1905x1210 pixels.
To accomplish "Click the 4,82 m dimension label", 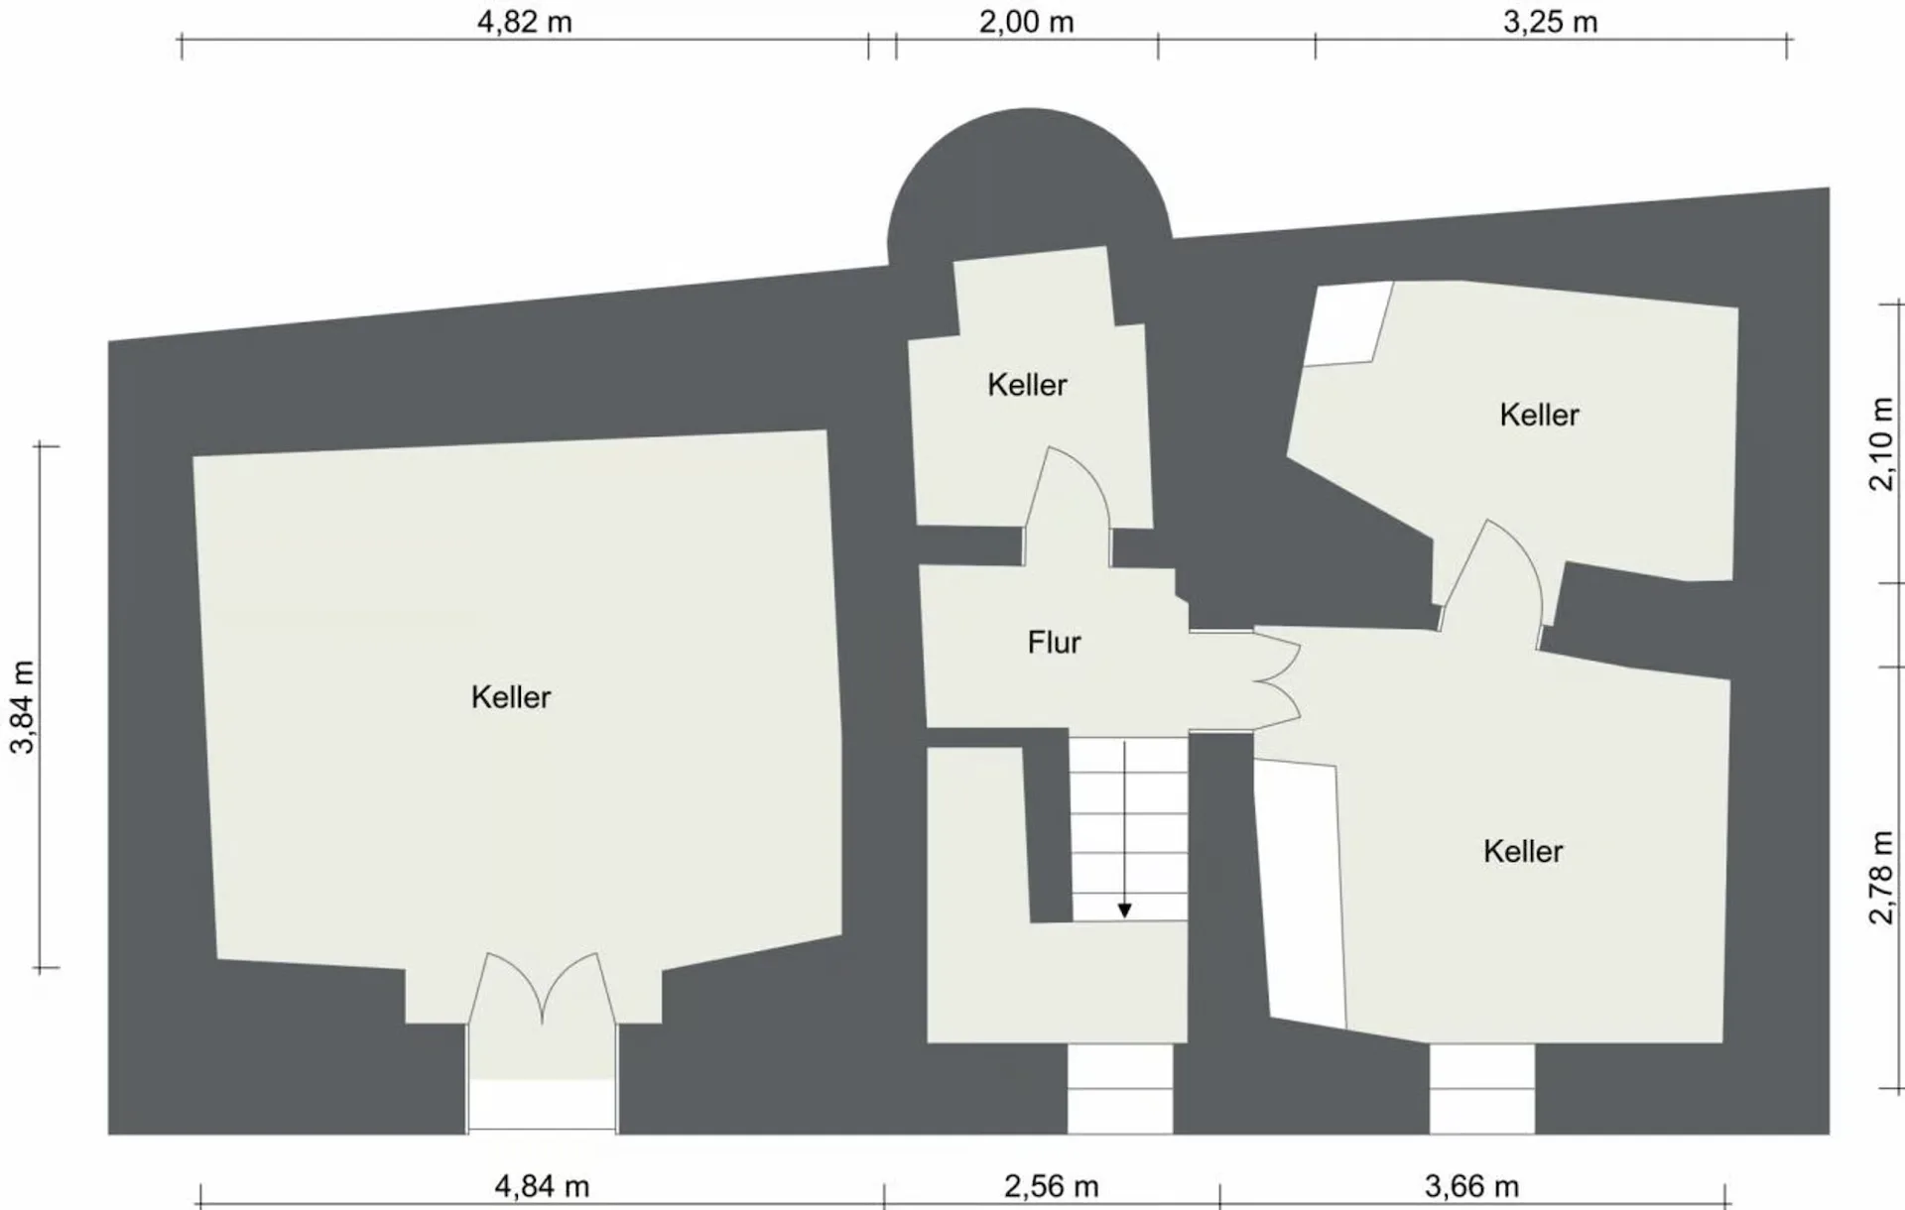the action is pyautogui.click(x=525, y=22).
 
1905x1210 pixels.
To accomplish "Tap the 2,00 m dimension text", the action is pyautogui.click(x=1027, y=22).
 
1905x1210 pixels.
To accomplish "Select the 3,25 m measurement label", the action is pyautogui.click(x=1551, y=22).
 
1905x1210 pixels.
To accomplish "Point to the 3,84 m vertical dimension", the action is pyautogui.click(x=22, y=707).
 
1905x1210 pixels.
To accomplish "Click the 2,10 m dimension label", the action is pyautogui.click(x=1881, y=443).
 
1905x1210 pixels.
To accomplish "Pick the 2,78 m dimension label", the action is pyautogui.click(x=1881, y=878).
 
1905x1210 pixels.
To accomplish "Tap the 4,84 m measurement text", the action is pyautogui.click(x=542, y=1185).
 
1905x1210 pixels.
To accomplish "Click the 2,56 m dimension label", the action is pyautogui.click(x=1052, y=1185).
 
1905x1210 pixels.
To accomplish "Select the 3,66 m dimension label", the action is pyautogui.click(x=1472, y=1185).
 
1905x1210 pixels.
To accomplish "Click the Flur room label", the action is pyautogui.click(x=1054, y=643).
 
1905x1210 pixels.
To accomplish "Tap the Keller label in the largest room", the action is pyautogui.click(x=511, y=697).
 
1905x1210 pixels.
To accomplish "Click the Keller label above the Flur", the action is pyautogui.click(x=1027, y=385).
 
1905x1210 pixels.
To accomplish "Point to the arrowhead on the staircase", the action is pyautogui.click(x=1124, y=910).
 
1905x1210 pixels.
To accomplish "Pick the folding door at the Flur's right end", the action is pyautogui.click(x=1278, y=681).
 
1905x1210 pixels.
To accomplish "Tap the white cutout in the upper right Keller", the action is pyautogui.click(x=1346, y=323).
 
